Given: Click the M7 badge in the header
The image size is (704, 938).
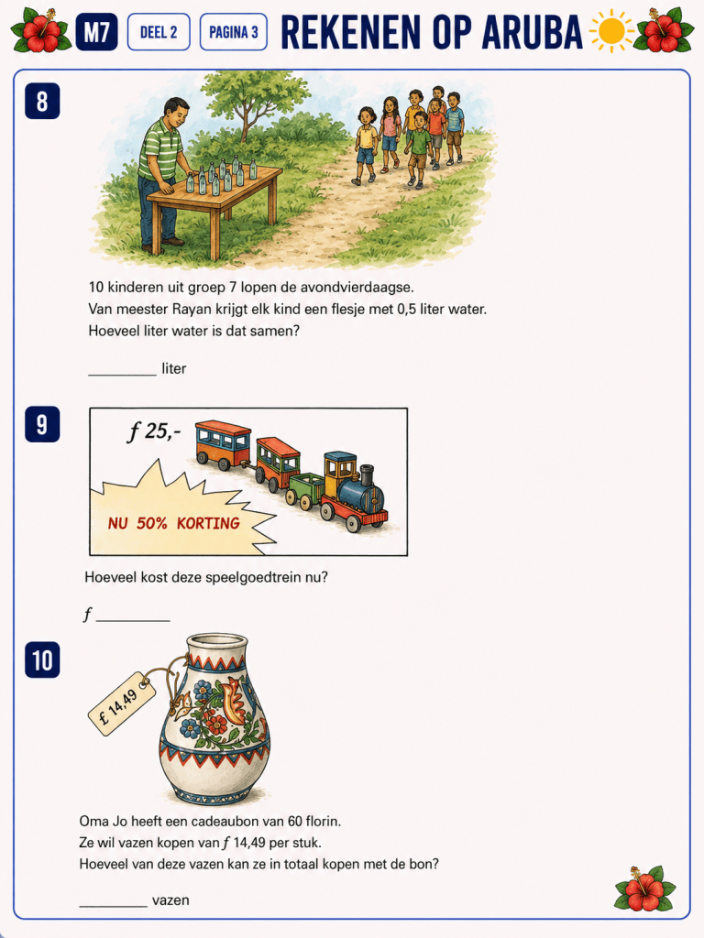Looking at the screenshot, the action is tap(96, 32).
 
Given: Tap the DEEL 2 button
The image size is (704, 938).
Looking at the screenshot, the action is tap(159, 32).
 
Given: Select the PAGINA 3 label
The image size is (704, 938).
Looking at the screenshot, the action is tap(234, 32).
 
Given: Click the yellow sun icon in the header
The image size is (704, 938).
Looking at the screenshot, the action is tap(611, 31).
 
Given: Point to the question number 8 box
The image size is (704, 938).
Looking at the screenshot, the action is tap(42, 101).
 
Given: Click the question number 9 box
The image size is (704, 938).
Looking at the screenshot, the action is tap(42, 424).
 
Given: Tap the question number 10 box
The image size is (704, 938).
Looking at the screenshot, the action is tap(42, 660).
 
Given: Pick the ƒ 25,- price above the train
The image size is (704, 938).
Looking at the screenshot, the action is tap(153, 431).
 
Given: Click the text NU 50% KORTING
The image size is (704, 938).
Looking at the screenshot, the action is tap(173, 523).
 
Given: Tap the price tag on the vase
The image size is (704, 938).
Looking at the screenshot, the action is tap(122, 703).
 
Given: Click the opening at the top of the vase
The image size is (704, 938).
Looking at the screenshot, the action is tap(216, 642).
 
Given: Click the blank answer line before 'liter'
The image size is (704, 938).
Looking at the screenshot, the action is tap(122, 375).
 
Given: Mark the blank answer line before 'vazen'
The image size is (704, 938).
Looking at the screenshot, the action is tap(113, 906).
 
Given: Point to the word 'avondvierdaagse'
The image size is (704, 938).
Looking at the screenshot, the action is tap(357, 288).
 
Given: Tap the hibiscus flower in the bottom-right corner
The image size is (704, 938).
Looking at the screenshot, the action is tap(645, 888).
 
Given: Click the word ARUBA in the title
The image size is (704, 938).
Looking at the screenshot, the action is tap(533, 32).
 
